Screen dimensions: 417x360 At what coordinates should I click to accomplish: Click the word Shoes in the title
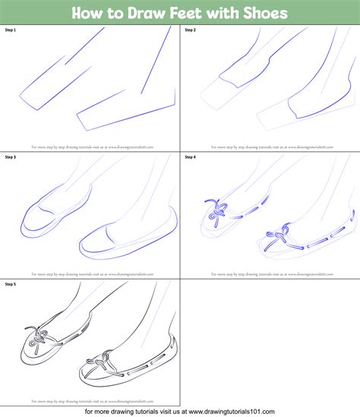(261, 14)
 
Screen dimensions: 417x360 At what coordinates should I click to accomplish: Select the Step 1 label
(11, 30)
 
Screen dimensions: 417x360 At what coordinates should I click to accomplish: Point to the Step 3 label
(11, 156)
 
